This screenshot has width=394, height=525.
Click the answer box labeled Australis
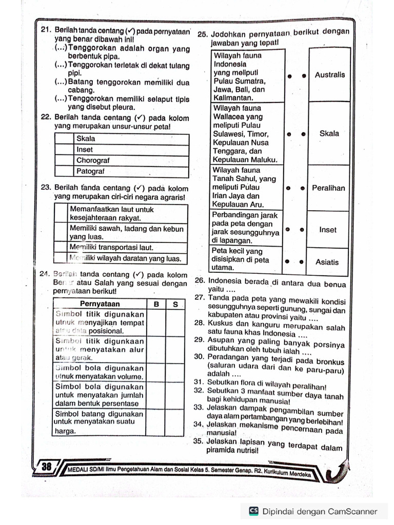click(329, 75)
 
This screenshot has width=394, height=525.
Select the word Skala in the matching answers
click(329, 133)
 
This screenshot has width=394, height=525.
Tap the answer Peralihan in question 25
click(328, 188)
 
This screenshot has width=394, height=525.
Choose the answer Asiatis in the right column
click(327, 262)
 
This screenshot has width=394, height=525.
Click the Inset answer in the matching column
click(328, 230)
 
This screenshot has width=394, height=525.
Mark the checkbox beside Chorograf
click(64, 160)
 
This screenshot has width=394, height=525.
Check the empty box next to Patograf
click(64, 172)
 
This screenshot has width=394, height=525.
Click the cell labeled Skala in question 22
click(86, 139)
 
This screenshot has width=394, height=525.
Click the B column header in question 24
click(156, 304)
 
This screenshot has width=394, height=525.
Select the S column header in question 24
click(175, 304)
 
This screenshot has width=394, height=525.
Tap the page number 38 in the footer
click(47, 467)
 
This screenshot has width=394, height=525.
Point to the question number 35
click(199, 442)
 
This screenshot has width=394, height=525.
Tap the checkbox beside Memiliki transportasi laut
click(61, 248)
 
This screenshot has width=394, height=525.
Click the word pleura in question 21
click(124, 108)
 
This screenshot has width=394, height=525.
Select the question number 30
click(199, 356)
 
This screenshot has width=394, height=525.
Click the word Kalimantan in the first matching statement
click(233, 98)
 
